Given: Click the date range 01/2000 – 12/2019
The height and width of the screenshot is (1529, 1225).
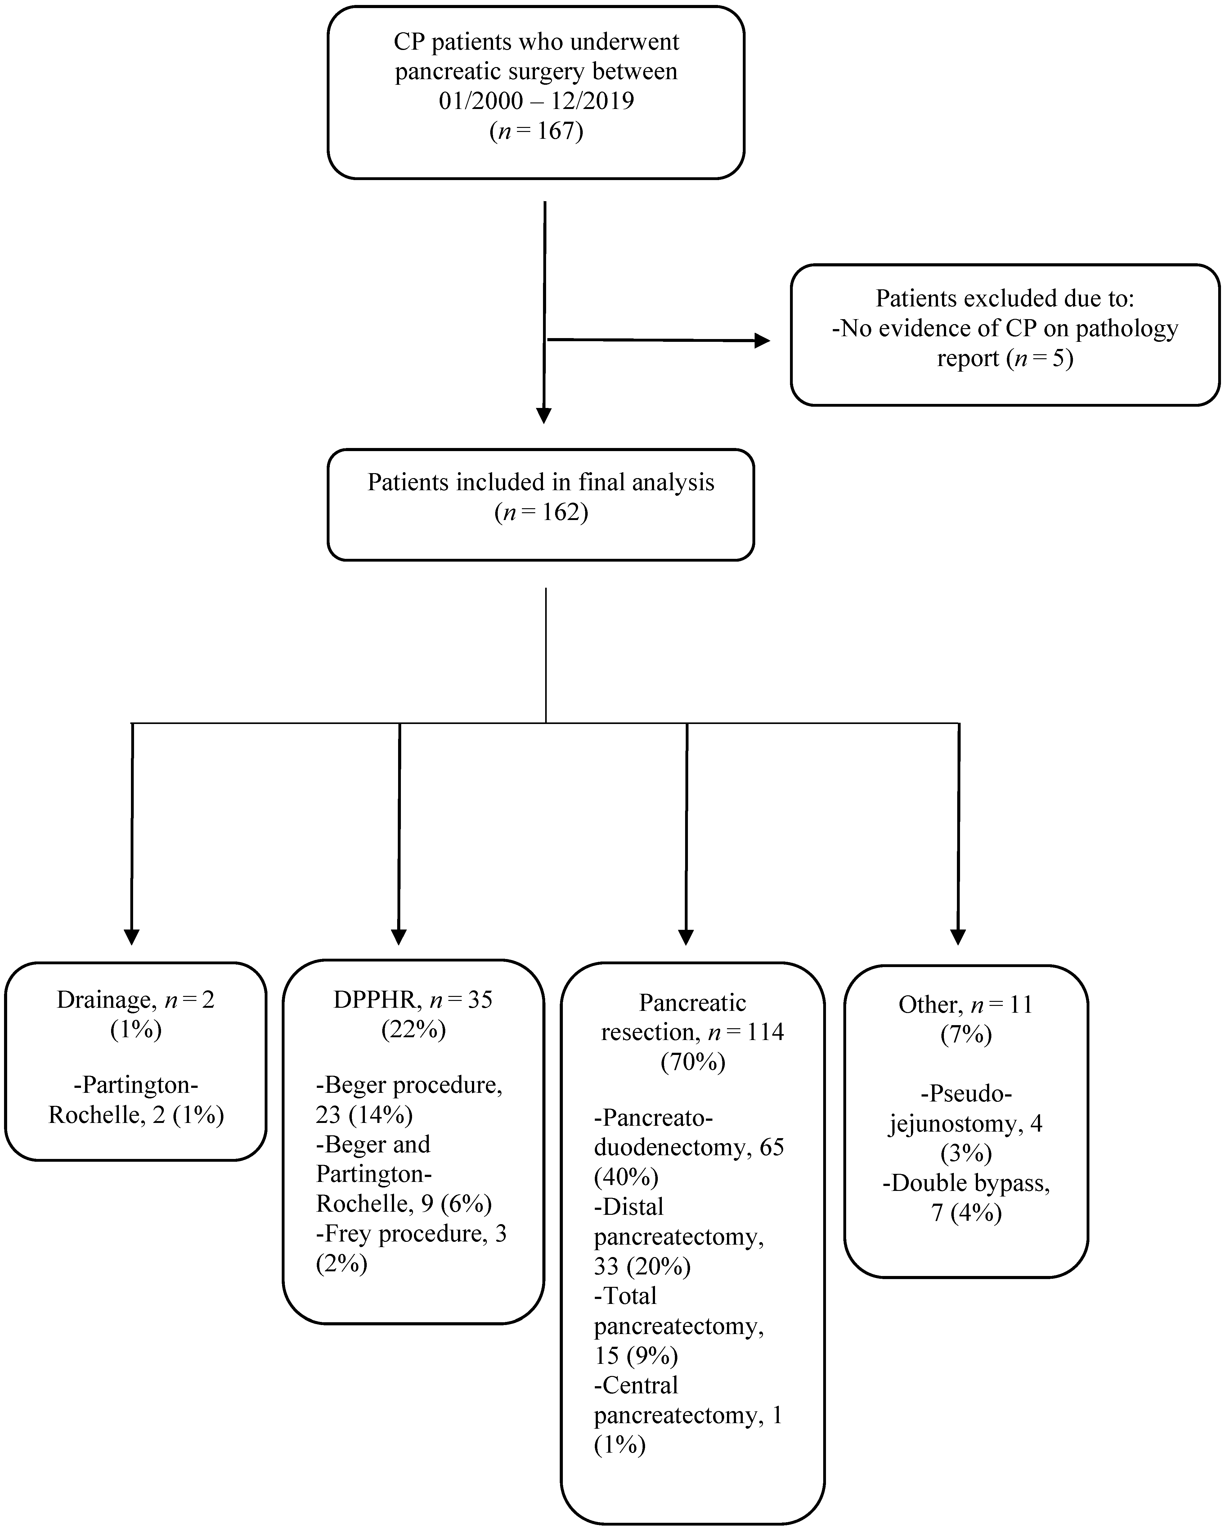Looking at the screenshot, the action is pyautogui.click(x=536, y=101).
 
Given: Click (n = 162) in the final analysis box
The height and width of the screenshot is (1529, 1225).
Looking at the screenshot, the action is pyautogui.click(x=541, y=512).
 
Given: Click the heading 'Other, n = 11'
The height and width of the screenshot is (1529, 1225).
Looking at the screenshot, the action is pyautogui.click(x=966, y=1004).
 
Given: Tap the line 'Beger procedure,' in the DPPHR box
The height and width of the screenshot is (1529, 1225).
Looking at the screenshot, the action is pyautogui.click(x=409, y=1085).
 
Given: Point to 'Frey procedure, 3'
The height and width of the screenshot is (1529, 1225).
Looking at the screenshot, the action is pyautogui.click(x=411, y=1234).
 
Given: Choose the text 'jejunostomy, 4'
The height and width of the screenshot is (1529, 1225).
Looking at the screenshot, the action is pyautogui.click(x=966, y=1123).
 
